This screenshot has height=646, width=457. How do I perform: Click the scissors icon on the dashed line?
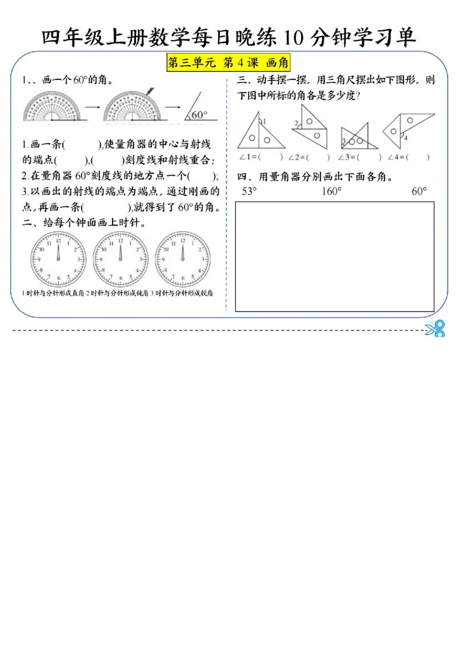click(x=435, y=329)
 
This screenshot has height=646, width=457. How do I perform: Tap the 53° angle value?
click(x=249, y=192)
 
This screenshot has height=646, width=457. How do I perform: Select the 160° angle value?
click(x=331, y=192)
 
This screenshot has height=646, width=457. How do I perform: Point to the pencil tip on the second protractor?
click(x=147, y=94)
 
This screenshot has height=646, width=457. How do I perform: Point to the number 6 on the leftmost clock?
click(x=58, y=281)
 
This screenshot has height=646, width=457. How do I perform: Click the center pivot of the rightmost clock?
click(x=183, y=260)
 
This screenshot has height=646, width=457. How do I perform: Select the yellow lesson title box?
click(x=229, y=63)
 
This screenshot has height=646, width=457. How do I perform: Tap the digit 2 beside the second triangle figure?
click(x=296, y=123)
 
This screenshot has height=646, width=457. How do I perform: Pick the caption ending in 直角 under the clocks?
click(x=52, y=293)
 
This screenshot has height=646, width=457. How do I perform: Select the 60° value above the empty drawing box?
click(x=419, y=192)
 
